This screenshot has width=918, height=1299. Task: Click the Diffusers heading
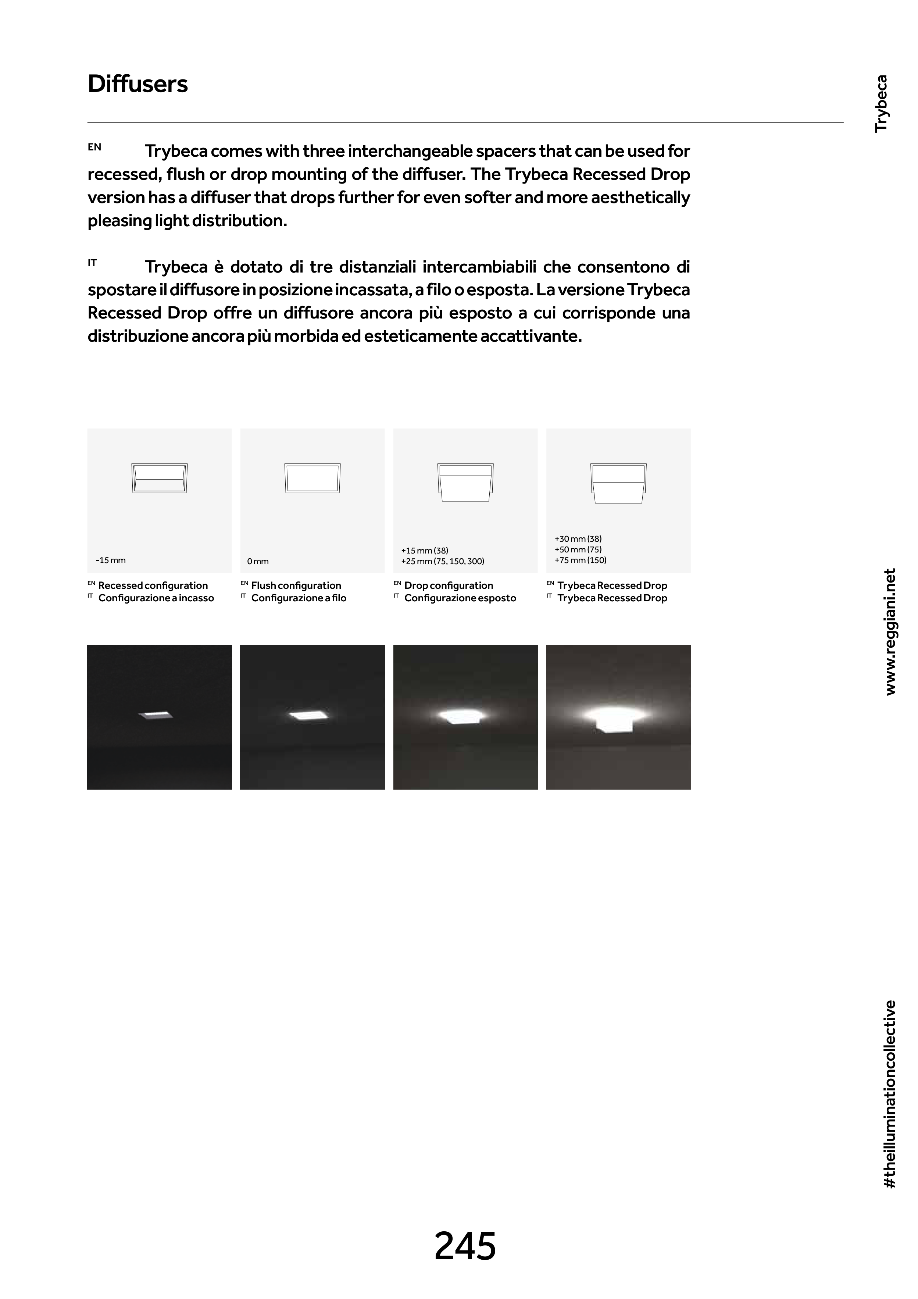(137, 84)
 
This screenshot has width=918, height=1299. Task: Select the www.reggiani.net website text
(890, 632)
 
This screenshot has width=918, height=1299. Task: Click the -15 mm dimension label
(111, 560)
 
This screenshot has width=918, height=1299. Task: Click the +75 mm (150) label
(581, 560)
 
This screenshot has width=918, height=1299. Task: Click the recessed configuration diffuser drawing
(160, 478)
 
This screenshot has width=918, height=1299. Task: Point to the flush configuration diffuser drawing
(312, 478)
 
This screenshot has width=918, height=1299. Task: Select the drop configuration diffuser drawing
(465, 482)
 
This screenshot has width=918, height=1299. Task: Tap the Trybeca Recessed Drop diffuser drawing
(618, 483)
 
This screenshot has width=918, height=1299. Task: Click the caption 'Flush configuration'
(296, 586)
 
